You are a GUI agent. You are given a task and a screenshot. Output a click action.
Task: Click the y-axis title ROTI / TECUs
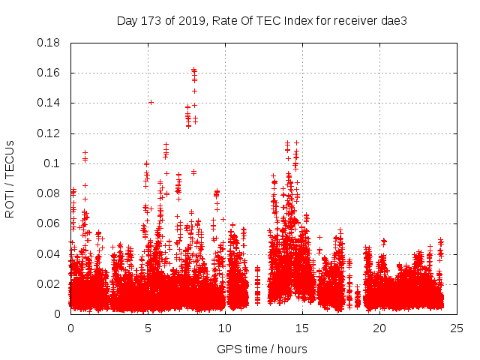coord(10,178)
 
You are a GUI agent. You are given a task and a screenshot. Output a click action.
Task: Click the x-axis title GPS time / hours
coord(262,349)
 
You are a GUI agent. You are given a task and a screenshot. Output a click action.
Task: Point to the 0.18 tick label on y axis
coord(49,43)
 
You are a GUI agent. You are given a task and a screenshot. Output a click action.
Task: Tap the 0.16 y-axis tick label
coord(49,73)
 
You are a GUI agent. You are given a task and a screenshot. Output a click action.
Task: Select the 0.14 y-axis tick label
coord(49,103)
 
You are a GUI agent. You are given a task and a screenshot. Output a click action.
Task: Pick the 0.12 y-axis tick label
coord(49,133)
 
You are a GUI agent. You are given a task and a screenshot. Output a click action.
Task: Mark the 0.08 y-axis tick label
coord(49,193)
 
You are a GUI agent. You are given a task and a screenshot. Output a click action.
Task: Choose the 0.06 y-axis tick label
coord(49,223)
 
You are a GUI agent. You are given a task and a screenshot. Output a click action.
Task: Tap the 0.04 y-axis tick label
coord(49,253)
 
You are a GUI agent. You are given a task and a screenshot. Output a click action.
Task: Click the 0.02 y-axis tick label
coord(49,283)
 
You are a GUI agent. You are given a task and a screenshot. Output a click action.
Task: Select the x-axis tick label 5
coord(148,328)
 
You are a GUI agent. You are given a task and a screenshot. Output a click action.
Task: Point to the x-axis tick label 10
coord(225,328)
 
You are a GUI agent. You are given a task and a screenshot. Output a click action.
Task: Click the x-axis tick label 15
coord(302,328)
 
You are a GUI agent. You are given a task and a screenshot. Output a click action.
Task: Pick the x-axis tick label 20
coord(379,328)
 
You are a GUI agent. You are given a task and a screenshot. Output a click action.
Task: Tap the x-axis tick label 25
coord(457,328)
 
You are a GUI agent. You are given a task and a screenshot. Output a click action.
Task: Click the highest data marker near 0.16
coord(194,70)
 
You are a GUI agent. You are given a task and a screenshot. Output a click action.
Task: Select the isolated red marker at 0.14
coord(151,102)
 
